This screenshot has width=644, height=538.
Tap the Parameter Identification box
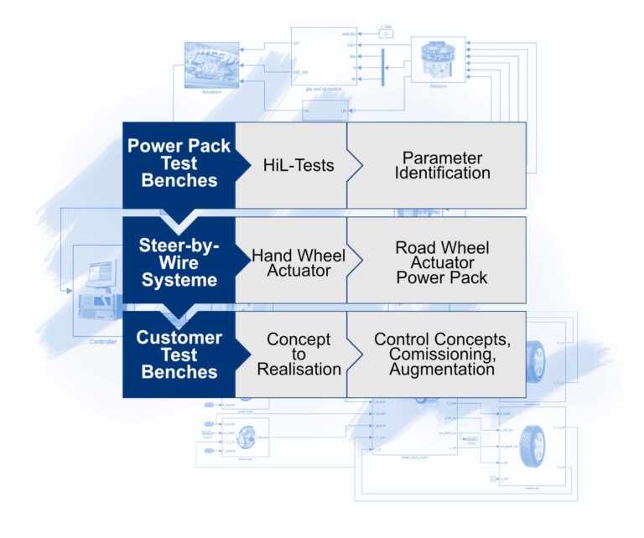pos(442,165)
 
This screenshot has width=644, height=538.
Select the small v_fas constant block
pos(386,35)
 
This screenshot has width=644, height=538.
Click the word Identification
pos(442,173)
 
